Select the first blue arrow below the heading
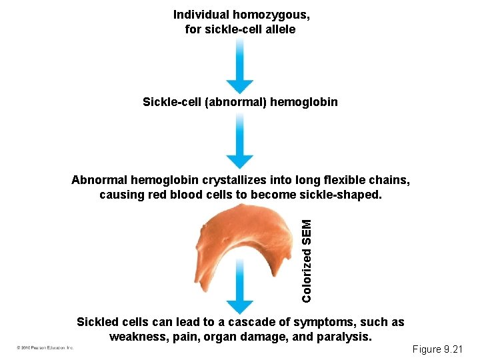[240, 65]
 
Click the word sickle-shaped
[344, 195]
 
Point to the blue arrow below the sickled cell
[240, 297]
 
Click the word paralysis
[345, 337]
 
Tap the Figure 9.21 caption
[441, 349]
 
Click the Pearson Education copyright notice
[46, 348]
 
